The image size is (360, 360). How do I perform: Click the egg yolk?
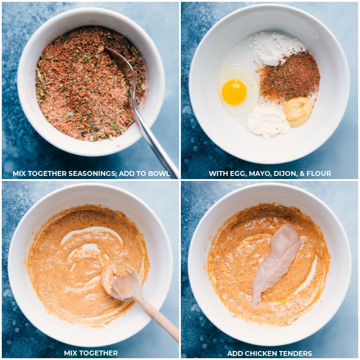point(234,92)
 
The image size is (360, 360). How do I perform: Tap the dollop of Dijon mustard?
point(297,111)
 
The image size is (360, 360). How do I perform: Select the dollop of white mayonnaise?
point(268,121)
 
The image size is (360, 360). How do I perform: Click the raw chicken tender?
point(277,263)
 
